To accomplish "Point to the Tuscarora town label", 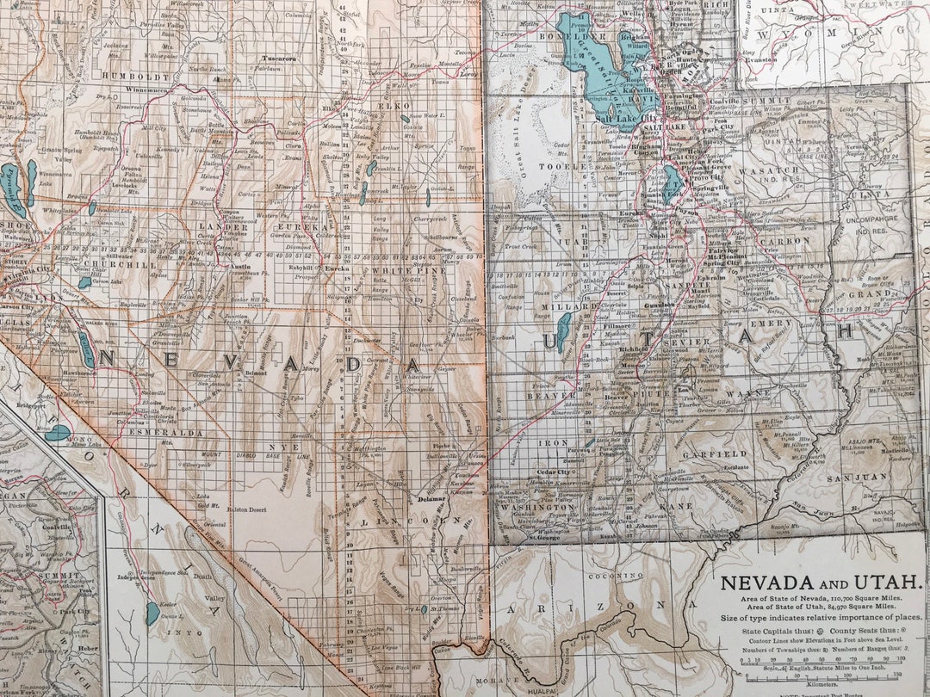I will pos(278,59).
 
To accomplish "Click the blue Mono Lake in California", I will pos(57,433).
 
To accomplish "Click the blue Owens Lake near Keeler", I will pos(152,614).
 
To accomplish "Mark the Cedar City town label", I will pos(555,472).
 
